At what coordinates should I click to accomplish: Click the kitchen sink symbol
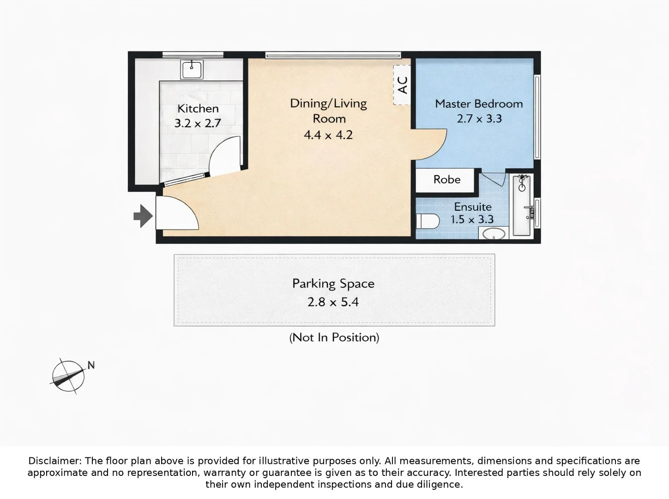pos(192,70)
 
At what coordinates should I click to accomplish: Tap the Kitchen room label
pos(198,109)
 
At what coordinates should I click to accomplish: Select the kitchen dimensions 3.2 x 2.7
pos(198,123)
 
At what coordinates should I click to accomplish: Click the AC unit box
pos(402,85)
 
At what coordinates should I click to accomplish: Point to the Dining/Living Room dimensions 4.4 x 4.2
pos(328,135)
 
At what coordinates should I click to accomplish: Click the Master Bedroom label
pos(479,103)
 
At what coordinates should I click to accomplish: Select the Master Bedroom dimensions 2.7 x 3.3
pos(479,119)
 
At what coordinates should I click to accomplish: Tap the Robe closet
pos(446,180)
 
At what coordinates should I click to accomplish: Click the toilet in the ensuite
pos(427,221)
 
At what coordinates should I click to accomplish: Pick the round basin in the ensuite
pos(494,234)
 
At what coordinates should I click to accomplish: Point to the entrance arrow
pos(143,215)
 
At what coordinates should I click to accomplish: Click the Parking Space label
pos(333,283)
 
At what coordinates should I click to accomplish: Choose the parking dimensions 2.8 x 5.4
pos(333,302)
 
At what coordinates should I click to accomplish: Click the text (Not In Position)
pos(334,337)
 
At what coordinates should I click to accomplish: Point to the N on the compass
pos(91,365)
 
